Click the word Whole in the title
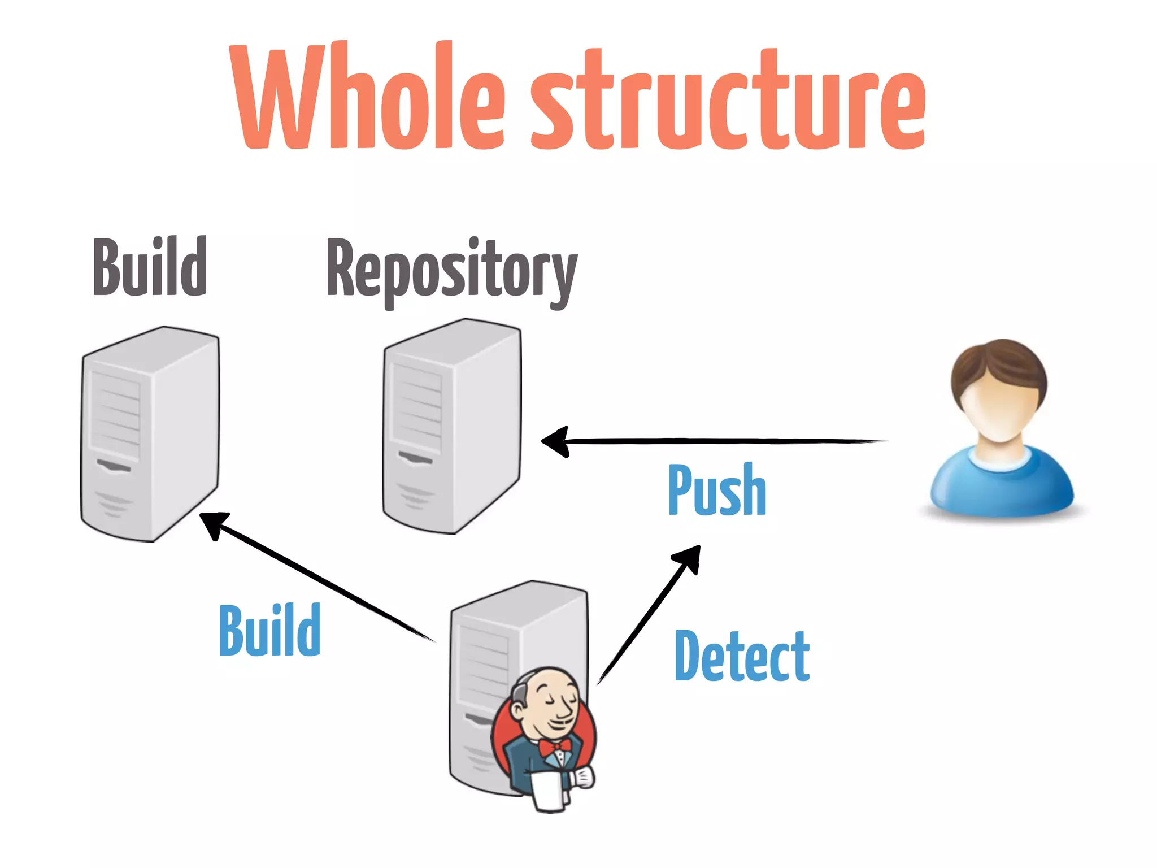[x=367, y=99]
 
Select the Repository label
[x=451, y=271]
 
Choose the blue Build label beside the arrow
[x=269, y=630]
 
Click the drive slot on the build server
[x=114, y=466]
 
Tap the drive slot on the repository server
[x=415, y=457]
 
